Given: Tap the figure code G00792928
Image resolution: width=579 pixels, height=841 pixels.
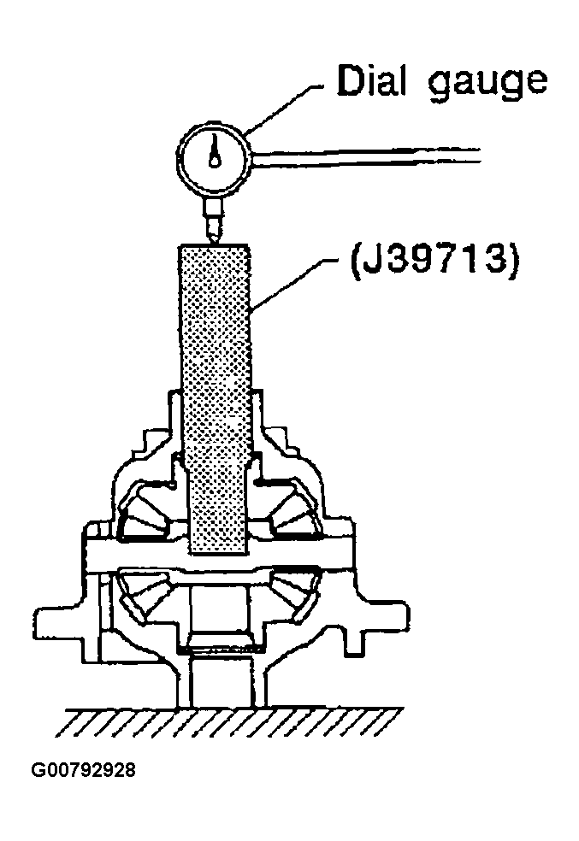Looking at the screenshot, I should pos(83,770).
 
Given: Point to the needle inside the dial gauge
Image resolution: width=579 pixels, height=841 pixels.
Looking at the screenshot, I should pos(215,152).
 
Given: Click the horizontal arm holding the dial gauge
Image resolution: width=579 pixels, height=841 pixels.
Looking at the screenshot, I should pos(368,156).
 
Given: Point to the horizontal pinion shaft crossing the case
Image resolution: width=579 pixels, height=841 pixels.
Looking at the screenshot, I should pos(218,560).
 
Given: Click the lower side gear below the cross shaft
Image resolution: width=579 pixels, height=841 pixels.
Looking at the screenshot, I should pos(218,598).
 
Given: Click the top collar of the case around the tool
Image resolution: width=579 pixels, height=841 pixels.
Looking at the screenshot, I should pos(218,402).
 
